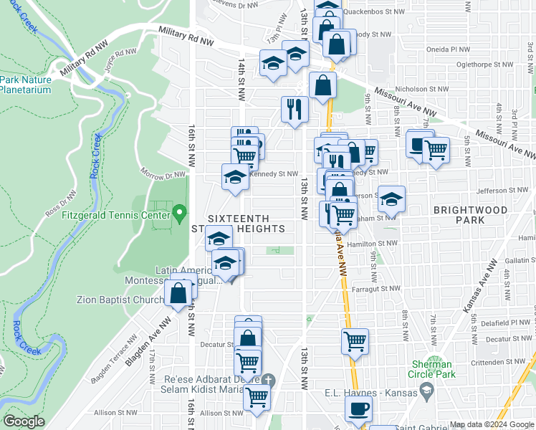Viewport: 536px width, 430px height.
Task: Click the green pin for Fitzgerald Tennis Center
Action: pos(179,214)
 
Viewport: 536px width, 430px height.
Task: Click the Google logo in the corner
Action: pos(24,421)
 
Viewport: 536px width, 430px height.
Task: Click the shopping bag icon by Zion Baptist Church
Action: pos(178,292)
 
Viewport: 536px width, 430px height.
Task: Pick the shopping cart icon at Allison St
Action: pos(257,396)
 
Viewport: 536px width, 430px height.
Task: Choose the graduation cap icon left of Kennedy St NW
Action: pos(234,176)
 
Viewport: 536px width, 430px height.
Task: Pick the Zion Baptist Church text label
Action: pos(120,300)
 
